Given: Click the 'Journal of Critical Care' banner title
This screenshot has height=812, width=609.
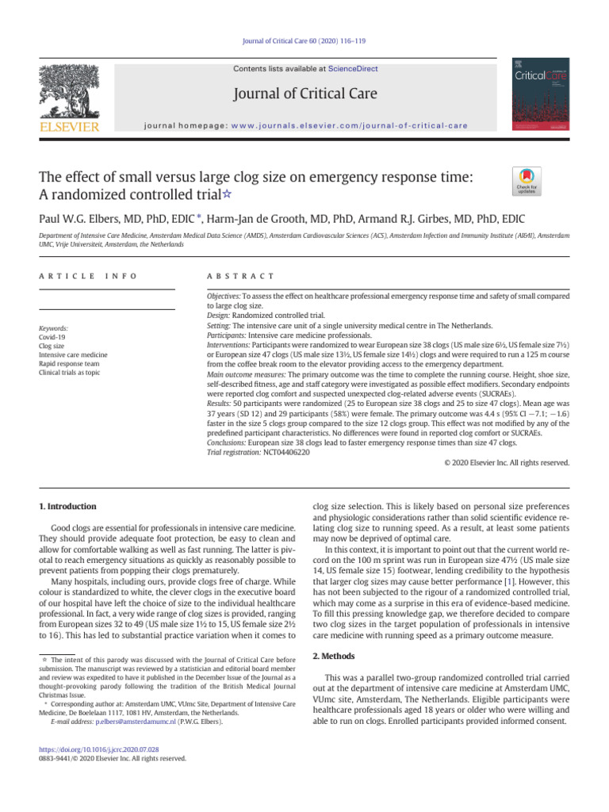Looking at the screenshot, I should point(304,94).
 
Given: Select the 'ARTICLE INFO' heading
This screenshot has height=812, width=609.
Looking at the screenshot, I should point(87,275).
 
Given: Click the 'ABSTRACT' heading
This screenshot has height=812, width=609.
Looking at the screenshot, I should point(240,275).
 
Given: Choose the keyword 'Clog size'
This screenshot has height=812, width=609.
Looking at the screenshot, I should point(52,346).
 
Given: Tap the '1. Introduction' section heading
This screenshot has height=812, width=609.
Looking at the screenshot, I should point(68,506).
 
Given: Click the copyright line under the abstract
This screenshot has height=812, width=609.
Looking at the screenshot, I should point(502,462).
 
